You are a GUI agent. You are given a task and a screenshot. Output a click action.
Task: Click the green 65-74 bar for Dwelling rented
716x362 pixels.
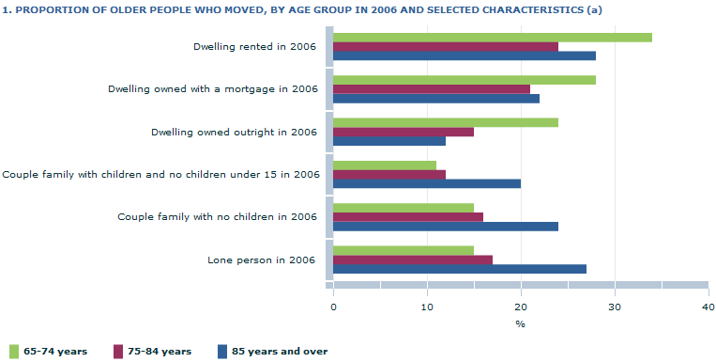pos(492,38)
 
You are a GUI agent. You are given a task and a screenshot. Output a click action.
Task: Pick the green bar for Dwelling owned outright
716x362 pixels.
pos(445,122)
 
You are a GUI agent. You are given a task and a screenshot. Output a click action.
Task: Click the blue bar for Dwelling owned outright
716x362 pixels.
pos(388,141)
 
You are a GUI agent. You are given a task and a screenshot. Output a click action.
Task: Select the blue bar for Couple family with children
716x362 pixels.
pos(426,183)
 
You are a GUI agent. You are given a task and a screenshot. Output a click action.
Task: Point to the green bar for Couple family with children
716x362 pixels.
pos(384,165)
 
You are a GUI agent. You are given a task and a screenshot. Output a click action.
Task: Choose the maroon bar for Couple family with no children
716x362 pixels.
pos(407,217)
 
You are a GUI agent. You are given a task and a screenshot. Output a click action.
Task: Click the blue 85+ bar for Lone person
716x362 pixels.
pos(459,269)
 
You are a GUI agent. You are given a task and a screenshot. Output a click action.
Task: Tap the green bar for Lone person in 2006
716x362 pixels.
pos(403,250)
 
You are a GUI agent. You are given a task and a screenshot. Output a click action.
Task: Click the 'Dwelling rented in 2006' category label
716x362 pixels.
pos(254,47)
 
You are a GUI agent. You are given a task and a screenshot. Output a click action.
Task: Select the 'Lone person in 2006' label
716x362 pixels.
pos(262,260)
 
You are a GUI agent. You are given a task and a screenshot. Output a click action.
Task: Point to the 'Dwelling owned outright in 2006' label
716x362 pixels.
pos(234,132)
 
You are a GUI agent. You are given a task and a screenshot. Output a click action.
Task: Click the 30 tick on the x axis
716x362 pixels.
pos(614,307)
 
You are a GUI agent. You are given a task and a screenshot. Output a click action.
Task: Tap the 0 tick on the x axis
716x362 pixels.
pos(333,307)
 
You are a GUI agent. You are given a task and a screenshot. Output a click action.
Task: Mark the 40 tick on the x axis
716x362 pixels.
pos(708,307)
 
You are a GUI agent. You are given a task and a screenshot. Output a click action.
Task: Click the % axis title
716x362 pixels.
pos(520,324)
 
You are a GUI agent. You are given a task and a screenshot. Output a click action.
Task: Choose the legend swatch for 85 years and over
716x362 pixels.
pos(223,351)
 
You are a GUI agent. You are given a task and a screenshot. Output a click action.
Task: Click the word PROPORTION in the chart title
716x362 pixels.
pos(51,9)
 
